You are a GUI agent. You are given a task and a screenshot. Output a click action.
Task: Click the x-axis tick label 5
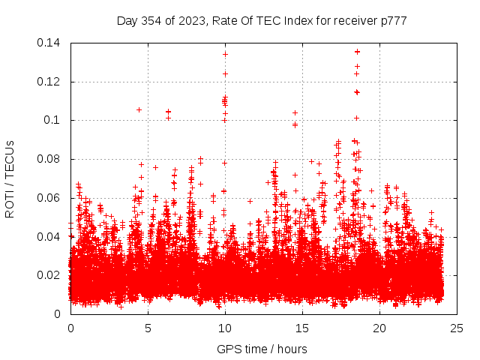coord(148,328)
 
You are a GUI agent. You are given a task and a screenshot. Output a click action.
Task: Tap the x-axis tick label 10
coord(225,328)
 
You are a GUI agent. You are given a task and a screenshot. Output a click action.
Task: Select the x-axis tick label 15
coord(302,328)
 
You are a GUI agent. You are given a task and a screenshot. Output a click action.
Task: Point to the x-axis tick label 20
coord(379,328)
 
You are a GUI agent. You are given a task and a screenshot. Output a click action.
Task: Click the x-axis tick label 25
coord(457,328)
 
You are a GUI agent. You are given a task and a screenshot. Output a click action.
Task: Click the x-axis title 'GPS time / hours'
coord(262,349)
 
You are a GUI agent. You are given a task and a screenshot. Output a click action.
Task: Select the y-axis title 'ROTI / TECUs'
coord(10,178)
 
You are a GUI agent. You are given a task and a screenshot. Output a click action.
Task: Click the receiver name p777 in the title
coord(394,21)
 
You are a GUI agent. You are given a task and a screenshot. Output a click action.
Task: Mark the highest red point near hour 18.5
coord(357,52)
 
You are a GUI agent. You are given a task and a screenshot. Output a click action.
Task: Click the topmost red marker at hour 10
coord(225,54)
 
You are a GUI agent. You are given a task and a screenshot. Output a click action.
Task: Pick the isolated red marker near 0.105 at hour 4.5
coord(139,109)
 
